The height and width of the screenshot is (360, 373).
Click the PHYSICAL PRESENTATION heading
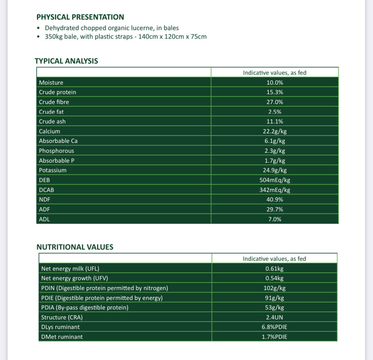tap(80, 17)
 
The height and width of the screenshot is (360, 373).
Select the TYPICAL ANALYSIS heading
tap(66, 61)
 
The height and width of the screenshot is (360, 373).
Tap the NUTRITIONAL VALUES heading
tap(75, 247)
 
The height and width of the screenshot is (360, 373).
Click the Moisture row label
tap(51, 82)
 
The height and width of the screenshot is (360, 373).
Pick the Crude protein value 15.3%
tap(275, 92)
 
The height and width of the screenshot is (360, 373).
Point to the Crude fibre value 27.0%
tap(275, 102)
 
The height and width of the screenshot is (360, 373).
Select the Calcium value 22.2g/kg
tap(275, 131)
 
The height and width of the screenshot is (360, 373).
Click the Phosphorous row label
tap(56, 151)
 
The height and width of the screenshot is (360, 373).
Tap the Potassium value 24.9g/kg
tap(275, 170)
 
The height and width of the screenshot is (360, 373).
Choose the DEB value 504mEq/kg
tap(275, 180)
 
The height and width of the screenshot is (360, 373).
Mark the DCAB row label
tap(47, 190)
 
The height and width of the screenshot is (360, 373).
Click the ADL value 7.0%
tap(275, 219)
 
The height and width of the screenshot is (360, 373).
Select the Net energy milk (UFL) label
tap(69, 268)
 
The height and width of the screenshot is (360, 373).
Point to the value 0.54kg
tap(275, 278)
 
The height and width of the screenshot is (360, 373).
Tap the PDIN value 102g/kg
tap(275, 288)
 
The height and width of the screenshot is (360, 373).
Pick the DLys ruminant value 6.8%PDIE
tap(275, 327)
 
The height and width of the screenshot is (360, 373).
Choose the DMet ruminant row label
tap(61, 337)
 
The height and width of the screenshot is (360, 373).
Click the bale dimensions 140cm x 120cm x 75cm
tap(166, 37)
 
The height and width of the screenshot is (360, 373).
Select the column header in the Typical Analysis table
tap(275, 73)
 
